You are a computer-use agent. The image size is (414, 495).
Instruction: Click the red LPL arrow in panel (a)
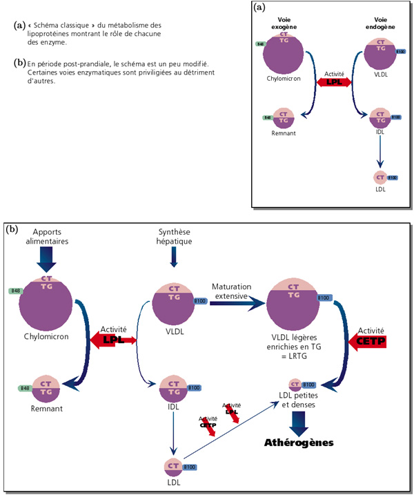[x=334, y=81]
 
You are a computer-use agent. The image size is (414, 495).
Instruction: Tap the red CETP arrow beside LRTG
[x=370, y=340]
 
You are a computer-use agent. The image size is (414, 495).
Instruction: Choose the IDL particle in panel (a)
[x=380, y=117]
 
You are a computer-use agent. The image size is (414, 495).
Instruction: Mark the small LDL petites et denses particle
[x=295, y=385]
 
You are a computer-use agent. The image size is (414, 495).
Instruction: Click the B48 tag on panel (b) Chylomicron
[x=14, y=291]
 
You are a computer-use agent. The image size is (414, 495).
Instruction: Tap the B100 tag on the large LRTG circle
[x=324, y=298]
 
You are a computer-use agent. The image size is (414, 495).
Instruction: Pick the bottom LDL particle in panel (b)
[x=172, y=467]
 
